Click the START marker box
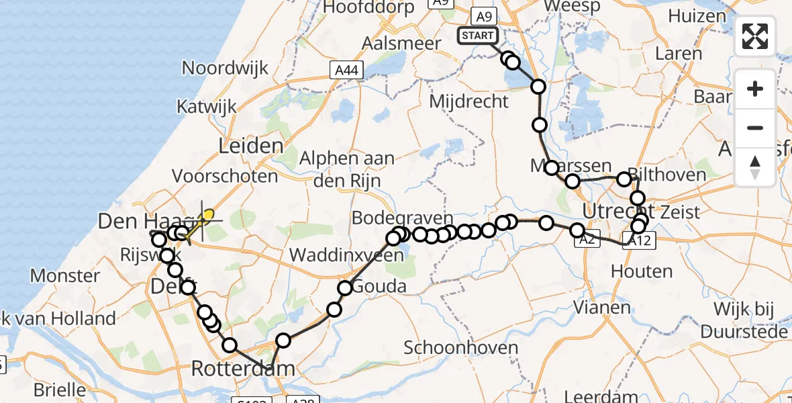[477, 36]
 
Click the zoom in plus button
[755, 89]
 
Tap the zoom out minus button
[755, 128]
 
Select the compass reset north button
[755, 167]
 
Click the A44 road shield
[346, 69]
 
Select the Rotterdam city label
[243, 368]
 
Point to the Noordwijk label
[226, 68]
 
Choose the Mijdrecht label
[468, 101]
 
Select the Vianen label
[603, 308]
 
